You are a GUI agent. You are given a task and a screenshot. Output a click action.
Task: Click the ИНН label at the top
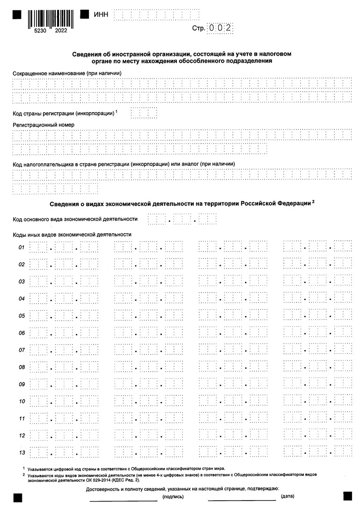coord(101,15)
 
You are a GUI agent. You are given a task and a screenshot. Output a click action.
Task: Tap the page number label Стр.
coord(198,29)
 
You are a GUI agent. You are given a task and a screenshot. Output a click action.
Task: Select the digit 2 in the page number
coord(228,29)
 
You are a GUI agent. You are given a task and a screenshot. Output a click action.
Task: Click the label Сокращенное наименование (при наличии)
coord(67,73)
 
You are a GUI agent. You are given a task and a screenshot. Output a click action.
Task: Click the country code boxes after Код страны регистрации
coord(144,113)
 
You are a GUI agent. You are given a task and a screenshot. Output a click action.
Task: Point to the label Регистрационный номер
coord(43,125)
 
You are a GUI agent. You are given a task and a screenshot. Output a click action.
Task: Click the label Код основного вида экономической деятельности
coord(75,219)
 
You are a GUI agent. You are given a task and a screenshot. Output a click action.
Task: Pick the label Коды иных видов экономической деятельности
coord(72,234)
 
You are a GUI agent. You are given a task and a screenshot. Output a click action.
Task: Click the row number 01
coord(22,247)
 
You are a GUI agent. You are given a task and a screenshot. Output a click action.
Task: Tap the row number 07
coord(22,350)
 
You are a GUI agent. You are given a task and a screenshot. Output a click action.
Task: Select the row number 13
coord(22,452)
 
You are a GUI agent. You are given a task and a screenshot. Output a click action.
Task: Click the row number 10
coord(22,401)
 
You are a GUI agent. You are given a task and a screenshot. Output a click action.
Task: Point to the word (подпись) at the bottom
coord(173,497)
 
